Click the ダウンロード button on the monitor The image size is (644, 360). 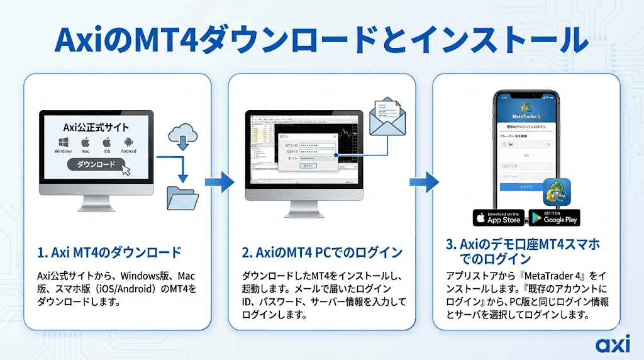(x=96, y=165)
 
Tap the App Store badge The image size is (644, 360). (x=499, y=218)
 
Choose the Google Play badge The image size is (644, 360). (x=554, y=218)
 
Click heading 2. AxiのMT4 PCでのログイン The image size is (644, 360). (x=322, y=253)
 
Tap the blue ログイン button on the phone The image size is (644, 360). (x=526, y=187)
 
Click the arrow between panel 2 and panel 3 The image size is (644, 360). (x=424, y=183)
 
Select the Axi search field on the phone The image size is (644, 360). (x=526, y=144)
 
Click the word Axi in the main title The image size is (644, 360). (x=83, y=41)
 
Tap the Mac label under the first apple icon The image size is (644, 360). (x=85, y=151)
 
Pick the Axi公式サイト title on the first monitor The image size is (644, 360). (x=96, y=126)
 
